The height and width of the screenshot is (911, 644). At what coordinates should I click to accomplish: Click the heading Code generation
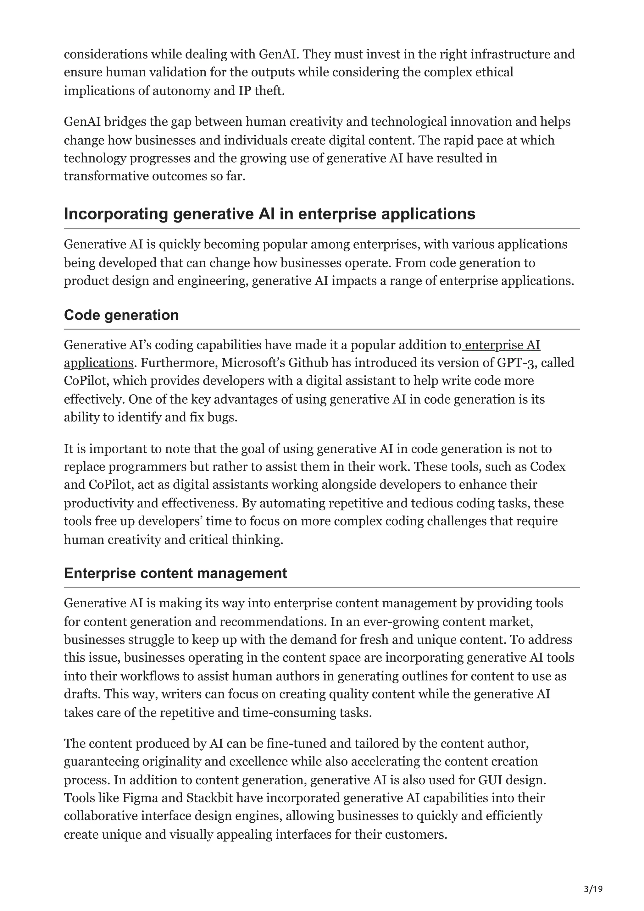(x=121, y=315)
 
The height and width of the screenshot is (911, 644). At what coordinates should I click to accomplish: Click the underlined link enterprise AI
(x=502, y=345)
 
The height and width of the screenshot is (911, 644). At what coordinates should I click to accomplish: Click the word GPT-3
(x=516, y=363)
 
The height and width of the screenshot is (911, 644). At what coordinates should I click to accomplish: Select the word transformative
(x=106, y=176)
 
